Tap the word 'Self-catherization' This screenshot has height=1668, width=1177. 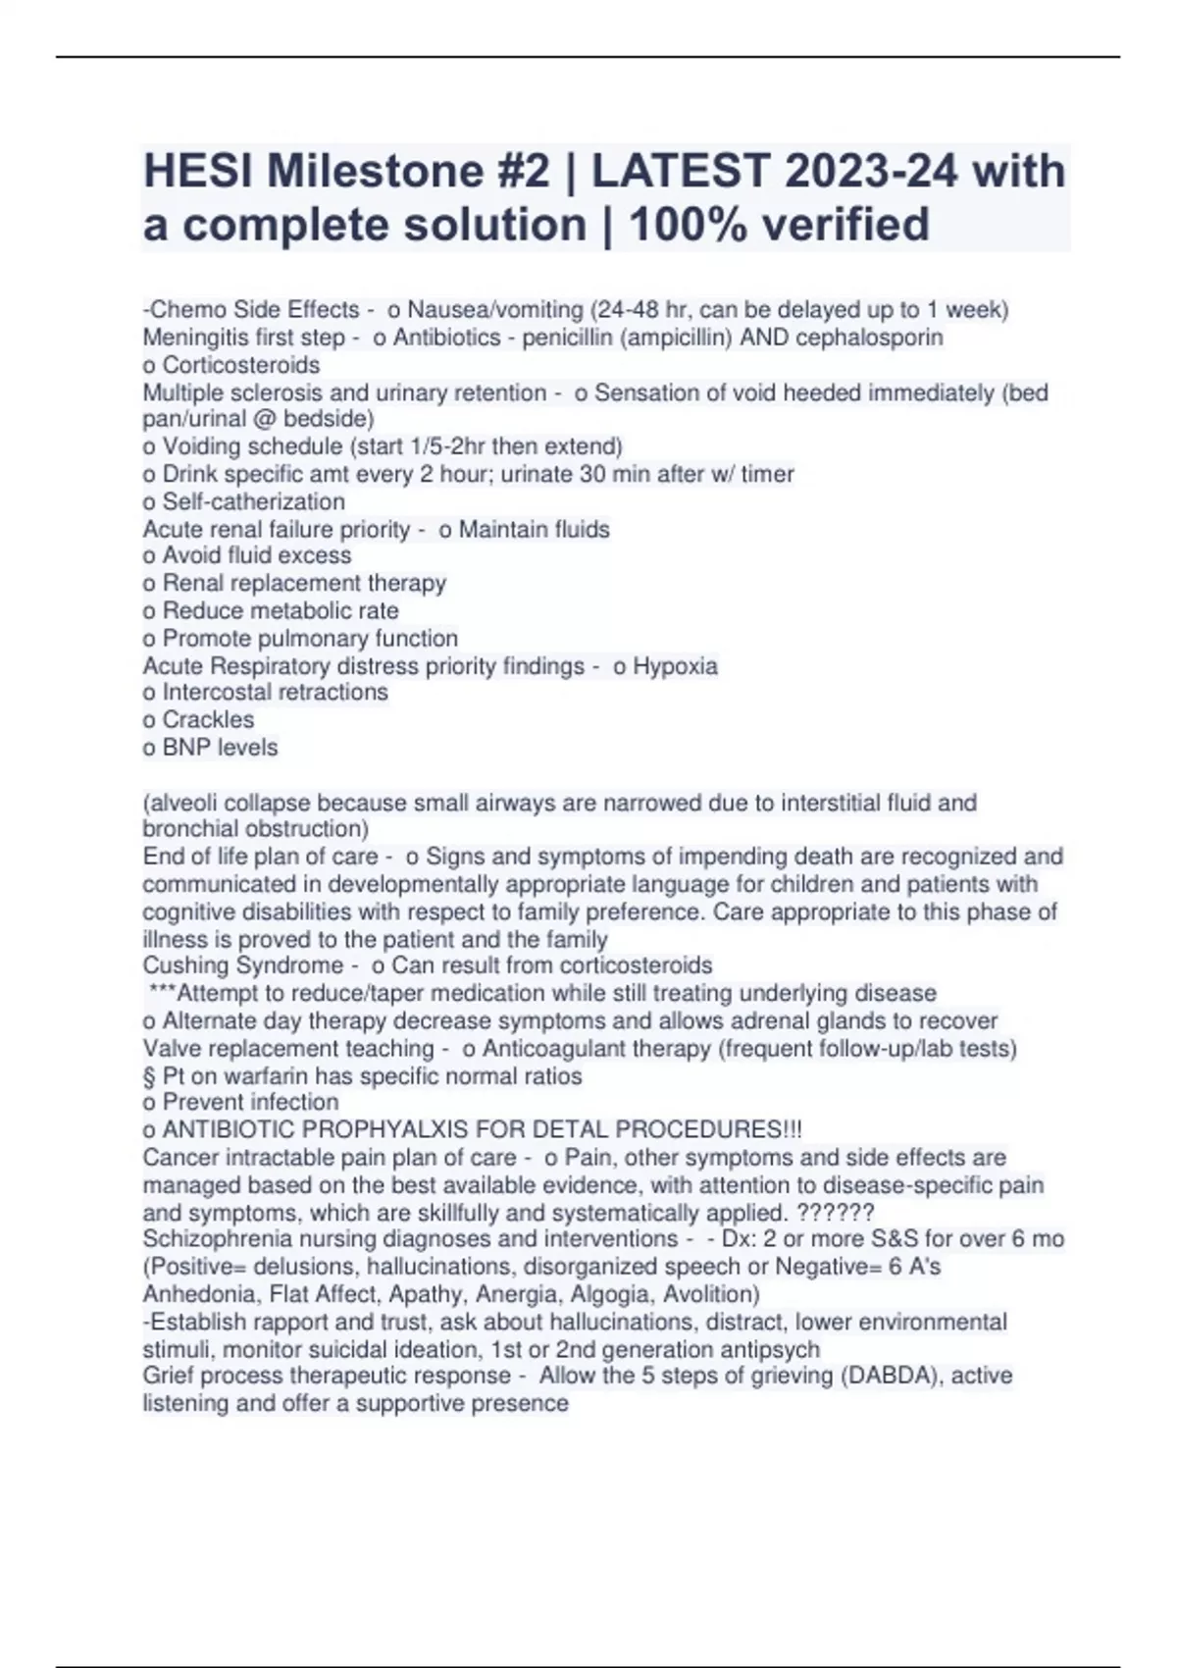[x=253, y=501]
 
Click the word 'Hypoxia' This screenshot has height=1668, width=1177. [x=675, y=666]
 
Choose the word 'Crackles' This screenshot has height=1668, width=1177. [x=208, y=720]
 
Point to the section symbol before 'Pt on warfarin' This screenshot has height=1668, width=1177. [x=149, y=1076]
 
